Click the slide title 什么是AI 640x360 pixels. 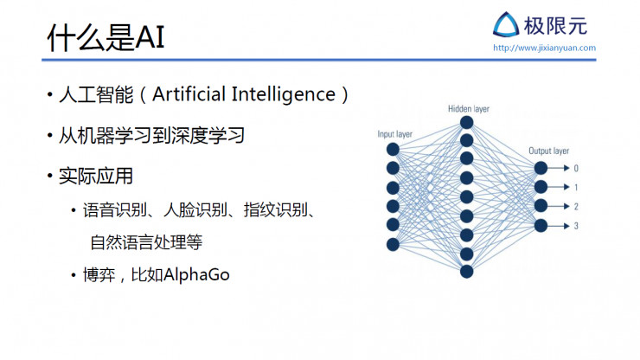click(x=105, y=37)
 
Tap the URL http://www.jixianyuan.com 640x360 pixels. click(x=544, y=48)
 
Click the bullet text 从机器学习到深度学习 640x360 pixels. click(x=151, y=136)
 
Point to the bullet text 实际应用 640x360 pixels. click(x=95, y=177)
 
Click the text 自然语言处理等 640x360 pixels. click(x=146, y=241)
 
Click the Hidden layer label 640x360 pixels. click(x=468, y=109)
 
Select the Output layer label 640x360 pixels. click(x=548, y=151)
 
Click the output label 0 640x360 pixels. click(x=576, y=168)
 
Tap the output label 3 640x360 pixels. click(x=576, y=226)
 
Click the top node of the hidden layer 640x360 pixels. click(x=467, y=122)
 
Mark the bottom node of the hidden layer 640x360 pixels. click(x=467, y=272)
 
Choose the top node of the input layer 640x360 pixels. click(x=393, y=149)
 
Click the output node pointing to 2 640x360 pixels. click(x=541, y=206)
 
